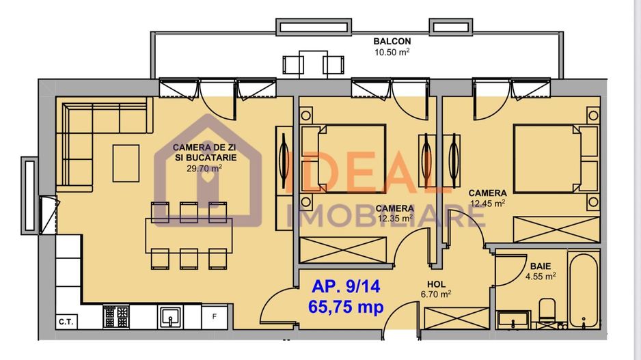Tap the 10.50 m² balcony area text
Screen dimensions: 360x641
click(392, 52)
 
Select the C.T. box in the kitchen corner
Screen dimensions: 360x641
click(66, 321)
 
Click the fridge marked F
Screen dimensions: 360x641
click(215, 316)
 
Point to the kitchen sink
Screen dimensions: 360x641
click(171, 316)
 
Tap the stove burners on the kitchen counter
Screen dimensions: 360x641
click(115, 316)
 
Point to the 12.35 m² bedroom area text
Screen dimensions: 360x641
click(395, 219)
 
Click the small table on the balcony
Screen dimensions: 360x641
click(313, 64)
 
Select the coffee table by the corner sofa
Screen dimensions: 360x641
click(126, 163)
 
